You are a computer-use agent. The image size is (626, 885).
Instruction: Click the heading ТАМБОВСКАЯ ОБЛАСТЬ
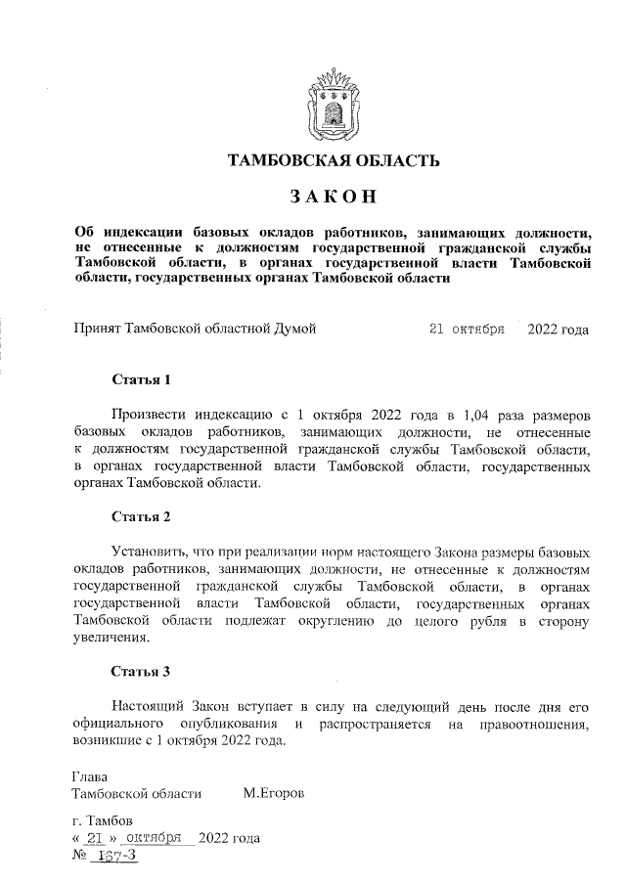point(333,160)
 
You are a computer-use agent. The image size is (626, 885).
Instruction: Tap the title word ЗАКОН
point(333,197)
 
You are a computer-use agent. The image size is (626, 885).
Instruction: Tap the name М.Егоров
point(273,793)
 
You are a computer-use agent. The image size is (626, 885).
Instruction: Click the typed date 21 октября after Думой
point(467,330)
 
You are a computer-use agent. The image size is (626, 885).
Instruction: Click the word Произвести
point(152,414)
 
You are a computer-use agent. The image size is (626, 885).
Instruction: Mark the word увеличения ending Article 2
point(112,639)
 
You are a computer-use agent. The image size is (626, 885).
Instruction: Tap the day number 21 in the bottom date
point(95,838)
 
